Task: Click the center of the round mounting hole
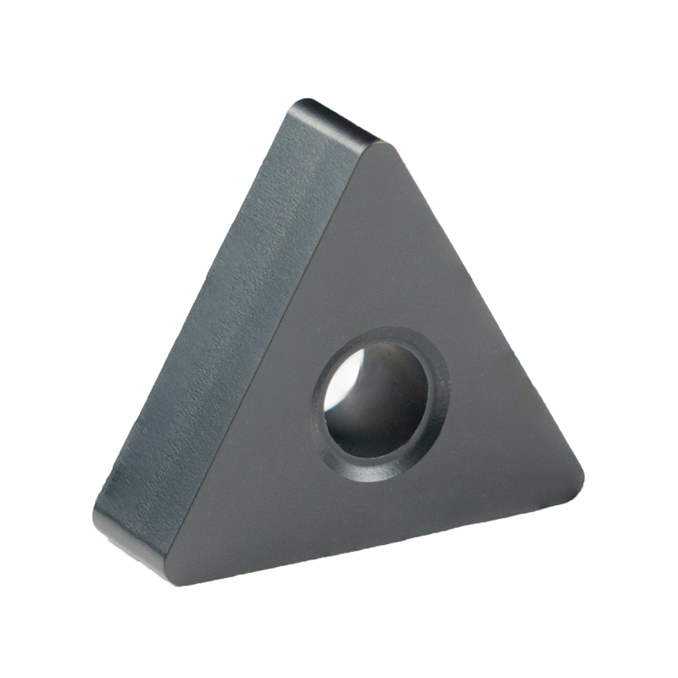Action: [x=381, y=403]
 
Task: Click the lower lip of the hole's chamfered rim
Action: [x=373, y=471]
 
